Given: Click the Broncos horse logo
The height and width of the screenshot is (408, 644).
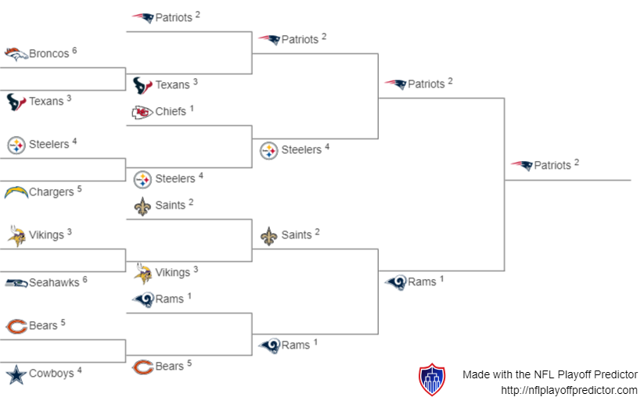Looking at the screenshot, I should [16, 54].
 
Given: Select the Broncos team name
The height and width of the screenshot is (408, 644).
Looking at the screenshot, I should [49, 54].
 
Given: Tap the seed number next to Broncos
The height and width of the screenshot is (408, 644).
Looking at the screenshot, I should [74, 50].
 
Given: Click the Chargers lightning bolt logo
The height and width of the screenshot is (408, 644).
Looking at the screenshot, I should [16, 191].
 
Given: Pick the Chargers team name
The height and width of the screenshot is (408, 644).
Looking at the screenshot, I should [51, 191].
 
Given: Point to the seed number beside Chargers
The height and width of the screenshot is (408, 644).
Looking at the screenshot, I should [79, 188].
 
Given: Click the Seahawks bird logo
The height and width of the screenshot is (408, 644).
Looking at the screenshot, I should [16, 282].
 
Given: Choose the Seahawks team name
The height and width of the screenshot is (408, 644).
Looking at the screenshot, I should [54, 282].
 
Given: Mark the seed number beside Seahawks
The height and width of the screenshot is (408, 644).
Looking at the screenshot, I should [85, 279].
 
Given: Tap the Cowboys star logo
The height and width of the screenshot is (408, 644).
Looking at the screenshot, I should [16, 374].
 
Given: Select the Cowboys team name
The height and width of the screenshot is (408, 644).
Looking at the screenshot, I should [52, 374].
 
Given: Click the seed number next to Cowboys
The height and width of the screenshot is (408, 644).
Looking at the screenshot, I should [79, 370].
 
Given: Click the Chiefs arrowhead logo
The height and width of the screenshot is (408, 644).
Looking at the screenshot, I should [142, 112].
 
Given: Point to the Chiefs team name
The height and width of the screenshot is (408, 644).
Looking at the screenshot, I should [171, 111].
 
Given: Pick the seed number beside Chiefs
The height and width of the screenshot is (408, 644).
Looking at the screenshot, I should [191, 108].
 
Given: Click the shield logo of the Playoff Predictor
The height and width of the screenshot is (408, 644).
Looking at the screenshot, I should [432, 379].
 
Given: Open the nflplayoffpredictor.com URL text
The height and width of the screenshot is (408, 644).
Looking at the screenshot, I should [569, 390].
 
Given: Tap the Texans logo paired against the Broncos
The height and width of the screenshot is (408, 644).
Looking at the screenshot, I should [16, 102].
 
